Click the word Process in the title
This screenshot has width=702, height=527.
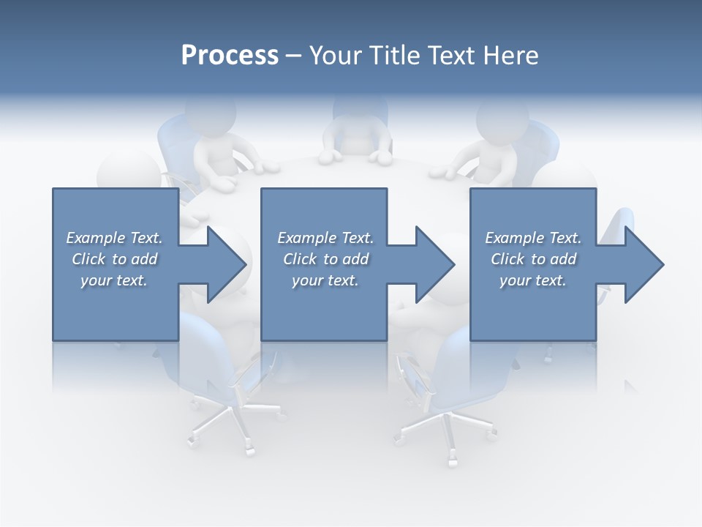point(230,56)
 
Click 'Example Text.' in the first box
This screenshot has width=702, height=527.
point(114,238)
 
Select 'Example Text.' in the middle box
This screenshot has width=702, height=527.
point(325,238)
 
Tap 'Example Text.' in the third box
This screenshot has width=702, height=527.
point(533,238)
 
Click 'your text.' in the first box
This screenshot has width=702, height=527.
point(114,280)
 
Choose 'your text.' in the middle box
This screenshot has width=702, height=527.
point(325,280)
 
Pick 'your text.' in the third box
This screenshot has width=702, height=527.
point(533,280)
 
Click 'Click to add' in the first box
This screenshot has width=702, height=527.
point(114,259)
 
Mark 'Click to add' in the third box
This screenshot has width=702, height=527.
point(533,259)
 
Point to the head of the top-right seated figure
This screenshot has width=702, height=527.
point(502,117)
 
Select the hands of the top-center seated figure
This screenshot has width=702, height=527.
point(355,156)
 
